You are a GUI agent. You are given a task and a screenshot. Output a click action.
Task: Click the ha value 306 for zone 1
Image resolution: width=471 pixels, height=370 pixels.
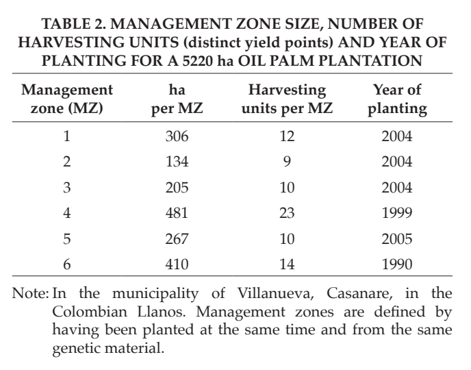[x=177, y=136]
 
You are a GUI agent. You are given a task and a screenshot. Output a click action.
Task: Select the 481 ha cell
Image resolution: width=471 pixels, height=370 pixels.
[x=177, y=213]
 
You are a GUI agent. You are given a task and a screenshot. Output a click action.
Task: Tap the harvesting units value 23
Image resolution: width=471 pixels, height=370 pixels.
[x=287, y=213]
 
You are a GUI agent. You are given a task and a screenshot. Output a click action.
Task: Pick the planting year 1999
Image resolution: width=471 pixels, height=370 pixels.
[x=397, y=213]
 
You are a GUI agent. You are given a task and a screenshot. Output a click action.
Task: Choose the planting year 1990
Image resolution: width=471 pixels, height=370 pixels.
[x=397, y=264]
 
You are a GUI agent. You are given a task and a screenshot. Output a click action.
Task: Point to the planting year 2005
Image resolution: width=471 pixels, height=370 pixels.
[x=397, y=238]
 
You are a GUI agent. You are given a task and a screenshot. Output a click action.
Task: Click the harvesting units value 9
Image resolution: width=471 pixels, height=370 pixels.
[x=287, y=162]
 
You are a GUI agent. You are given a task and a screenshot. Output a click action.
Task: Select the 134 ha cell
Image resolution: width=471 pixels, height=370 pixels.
[x=177, y=162]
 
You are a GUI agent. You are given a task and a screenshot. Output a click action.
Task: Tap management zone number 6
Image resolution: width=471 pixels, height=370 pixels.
[x=66, y=264]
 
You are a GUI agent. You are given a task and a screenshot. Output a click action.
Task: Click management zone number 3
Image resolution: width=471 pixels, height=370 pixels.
[x=66, y=187]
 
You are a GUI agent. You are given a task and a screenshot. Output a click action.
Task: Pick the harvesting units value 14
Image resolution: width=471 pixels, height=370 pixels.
[x=287, y=264]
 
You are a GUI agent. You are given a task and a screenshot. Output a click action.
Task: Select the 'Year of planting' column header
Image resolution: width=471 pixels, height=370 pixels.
[x=397, y=99]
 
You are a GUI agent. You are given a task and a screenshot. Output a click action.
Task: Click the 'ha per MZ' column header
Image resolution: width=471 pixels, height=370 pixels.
[x=177, y=99]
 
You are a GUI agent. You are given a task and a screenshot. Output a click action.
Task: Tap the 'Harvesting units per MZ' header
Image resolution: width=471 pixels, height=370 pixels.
[x=287, y=99]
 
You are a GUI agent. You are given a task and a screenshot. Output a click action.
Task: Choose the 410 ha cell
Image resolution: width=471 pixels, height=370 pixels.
[x=177, y=264]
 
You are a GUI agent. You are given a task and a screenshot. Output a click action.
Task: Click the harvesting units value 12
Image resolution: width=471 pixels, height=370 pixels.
[x=287, y=136]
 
